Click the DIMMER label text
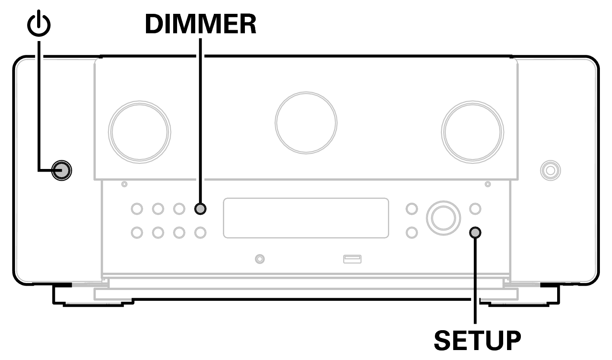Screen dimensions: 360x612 200,25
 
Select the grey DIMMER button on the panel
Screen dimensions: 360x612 200,209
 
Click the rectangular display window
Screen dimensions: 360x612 306,218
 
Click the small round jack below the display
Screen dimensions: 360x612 260,259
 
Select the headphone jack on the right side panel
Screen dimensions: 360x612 550,170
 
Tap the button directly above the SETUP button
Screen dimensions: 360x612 475,209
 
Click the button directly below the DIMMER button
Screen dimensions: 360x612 200,233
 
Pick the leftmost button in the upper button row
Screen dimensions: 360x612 137,209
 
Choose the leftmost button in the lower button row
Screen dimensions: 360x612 137,233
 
